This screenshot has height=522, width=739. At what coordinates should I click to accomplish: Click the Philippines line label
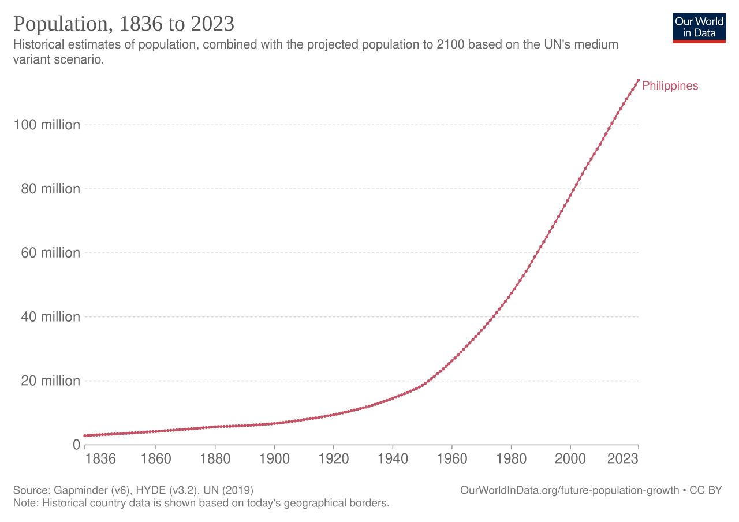670,86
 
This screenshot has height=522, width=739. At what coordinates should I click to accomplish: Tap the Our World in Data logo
699,27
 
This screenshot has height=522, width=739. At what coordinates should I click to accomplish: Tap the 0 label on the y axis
76,445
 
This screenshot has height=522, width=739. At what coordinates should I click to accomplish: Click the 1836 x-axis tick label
100,460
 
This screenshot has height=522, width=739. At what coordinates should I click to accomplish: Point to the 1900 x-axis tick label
274,460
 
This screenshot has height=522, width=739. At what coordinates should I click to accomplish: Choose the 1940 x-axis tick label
393,460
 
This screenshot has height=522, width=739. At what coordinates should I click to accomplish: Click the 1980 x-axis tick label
511,460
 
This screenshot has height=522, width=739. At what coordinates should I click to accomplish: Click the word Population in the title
52,24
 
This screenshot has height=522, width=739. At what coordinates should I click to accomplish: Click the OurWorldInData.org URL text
569,490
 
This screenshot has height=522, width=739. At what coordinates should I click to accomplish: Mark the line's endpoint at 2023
638,80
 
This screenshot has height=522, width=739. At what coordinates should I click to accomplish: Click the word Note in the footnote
23,503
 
